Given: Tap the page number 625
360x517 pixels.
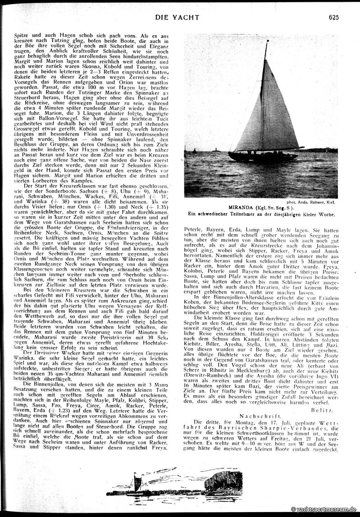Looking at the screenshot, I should [334, 17].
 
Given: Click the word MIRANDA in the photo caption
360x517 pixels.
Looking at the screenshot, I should [241, 207].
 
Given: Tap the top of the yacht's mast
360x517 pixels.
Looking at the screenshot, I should [267, 42].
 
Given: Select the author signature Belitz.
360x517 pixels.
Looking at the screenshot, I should [321, 398].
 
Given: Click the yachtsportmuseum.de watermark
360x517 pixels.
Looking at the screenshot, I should [324, 508].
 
